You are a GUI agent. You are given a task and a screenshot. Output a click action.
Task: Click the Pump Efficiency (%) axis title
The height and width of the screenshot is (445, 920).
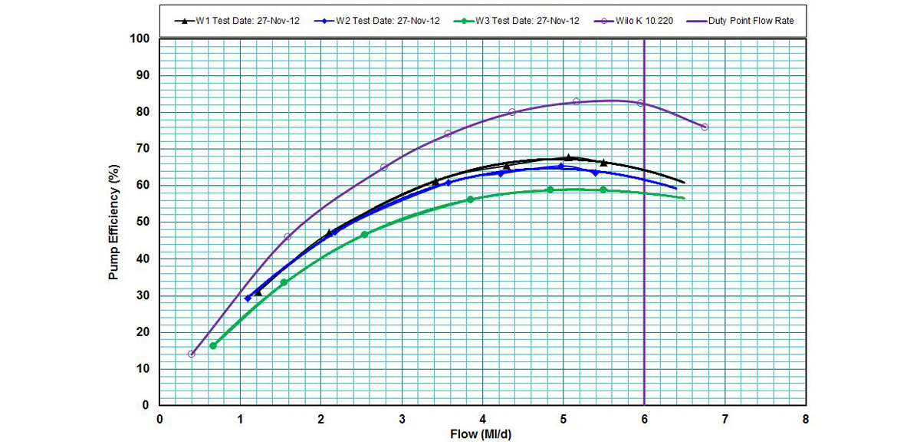coord(114,221)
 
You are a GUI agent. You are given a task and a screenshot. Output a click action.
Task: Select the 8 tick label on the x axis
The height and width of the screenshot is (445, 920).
coord(805,419)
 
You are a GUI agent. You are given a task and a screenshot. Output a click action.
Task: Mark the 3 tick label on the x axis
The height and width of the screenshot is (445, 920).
coord(402,419)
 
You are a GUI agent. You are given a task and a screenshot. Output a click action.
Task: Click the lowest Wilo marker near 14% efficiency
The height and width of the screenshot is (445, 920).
coord(192,354)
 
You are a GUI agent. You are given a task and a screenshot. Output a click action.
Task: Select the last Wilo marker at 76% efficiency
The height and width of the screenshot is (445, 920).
coord(705,127)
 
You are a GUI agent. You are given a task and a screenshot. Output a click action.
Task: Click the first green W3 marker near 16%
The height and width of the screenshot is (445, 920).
coord(213,346)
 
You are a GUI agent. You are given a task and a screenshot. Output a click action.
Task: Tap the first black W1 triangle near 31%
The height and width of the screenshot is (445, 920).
coord(258,292)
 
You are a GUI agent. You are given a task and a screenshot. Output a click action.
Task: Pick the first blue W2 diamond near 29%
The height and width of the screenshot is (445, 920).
coord(248,298)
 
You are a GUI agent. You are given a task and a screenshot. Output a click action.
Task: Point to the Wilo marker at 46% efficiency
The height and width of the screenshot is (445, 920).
coord(287,237)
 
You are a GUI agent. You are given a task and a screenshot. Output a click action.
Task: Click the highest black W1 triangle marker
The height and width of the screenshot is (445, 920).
coord(568,157)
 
